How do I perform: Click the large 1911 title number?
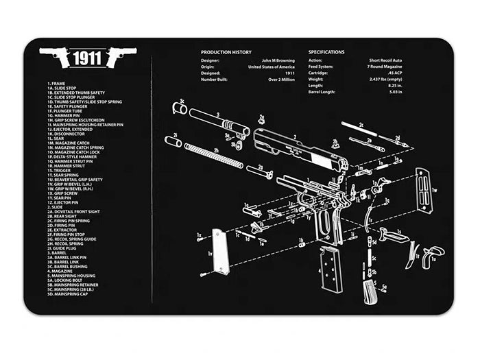(90, 58)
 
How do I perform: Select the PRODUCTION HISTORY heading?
(226, 52)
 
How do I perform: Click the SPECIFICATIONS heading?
(326, 52)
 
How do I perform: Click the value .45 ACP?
(393, 73)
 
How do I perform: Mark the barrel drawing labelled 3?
(219, 121)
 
